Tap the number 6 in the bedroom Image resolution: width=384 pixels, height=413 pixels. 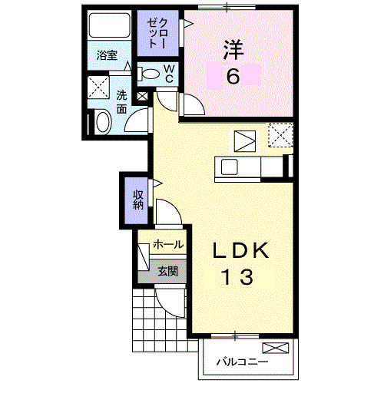click(x=233, y=75)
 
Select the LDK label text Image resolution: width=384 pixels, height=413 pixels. click(x=240, y=251)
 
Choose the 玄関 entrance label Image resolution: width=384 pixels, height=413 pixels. click(x=168, y=271)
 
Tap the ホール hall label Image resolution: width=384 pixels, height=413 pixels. click(x=168, y=245)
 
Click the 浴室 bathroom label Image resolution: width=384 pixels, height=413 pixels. click(x=107, y=55)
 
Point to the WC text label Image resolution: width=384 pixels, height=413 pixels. click(x=169, y=74)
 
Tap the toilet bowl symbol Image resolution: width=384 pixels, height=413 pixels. click(x=150, y=75)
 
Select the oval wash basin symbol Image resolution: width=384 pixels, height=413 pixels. click(x=101, y=123)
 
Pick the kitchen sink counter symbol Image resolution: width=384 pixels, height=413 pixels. click(x=240, y=167)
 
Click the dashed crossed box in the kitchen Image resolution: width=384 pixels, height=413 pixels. click(x=280, y=137)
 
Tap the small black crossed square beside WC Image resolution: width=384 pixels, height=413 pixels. click(x=142, y=97)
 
